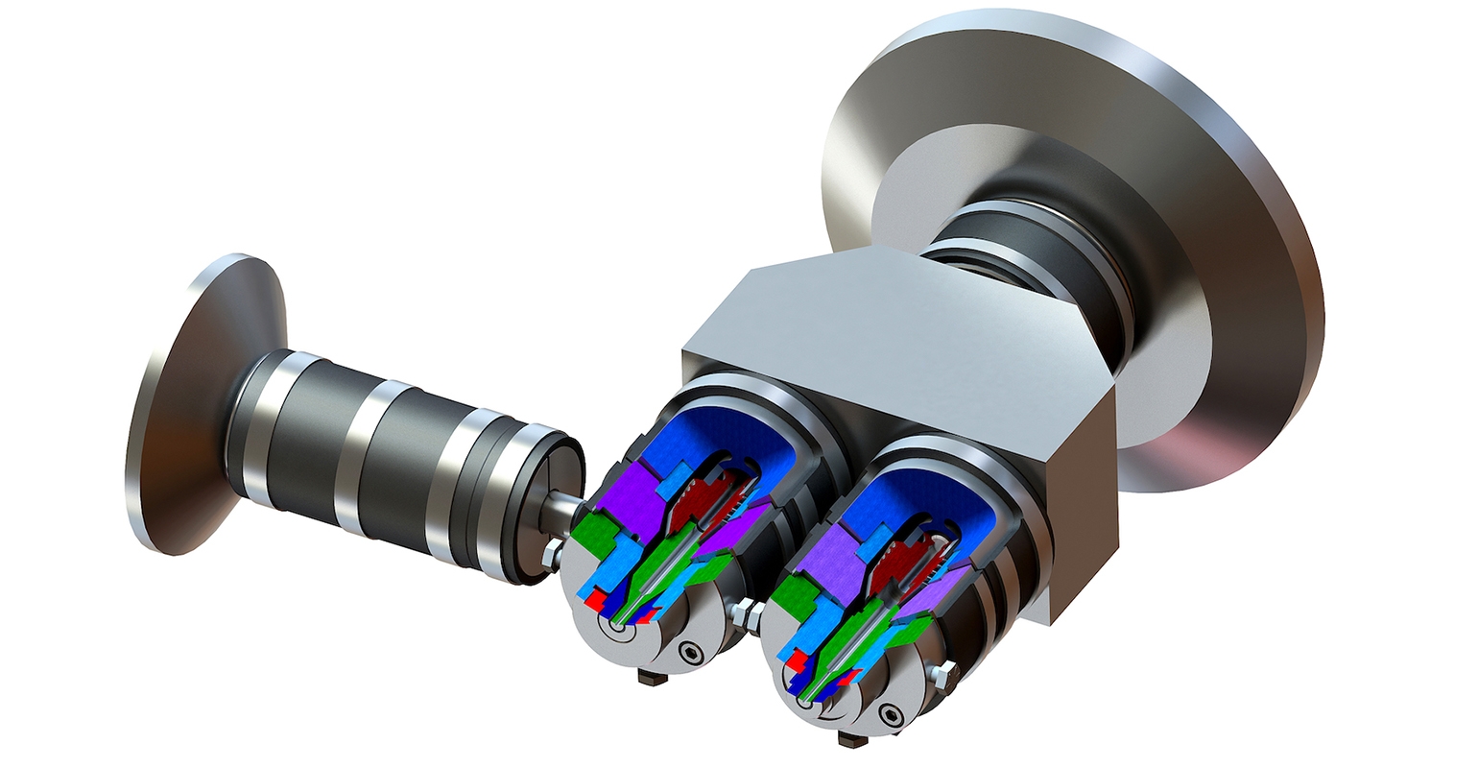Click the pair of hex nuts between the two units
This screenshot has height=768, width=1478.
(744, 614)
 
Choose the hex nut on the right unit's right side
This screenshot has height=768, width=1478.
(945, 672)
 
